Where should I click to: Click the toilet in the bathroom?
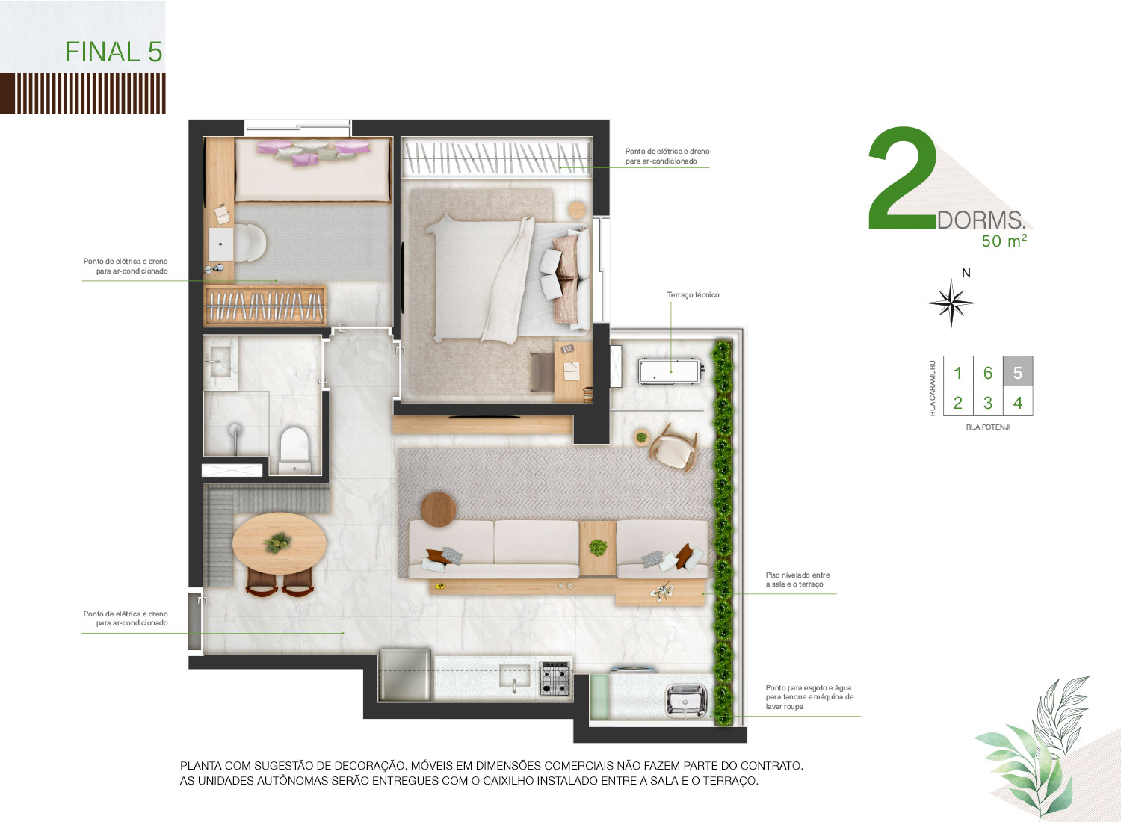[x=294, y=449]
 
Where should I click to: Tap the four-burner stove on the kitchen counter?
[x=555, y=679]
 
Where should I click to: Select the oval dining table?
[x=280, y=543]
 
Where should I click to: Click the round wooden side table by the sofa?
[x=439, y=510]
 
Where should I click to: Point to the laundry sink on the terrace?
[x=686, y=700]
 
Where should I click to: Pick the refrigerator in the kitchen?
[x=405, y=674]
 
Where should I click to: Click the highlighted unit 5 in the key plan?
[x=1017, y=371]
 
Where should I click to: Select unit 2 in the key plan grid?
[x=958, y=402]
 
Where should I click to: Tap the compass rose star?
[x=951, y=303]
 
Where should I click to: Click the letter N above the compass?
[x=966, y=274]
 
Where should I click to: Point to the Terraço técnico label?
[x=693, y=294]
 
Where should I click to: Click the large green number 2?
[x=902, y=178]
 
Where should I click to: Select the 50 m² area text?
[x=1004, y=241]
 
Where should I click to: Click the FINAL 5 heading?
[x=114, y=52]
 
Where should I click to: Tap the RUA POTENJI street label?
[x=988, y=427]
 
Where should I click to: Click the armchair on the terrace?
[x=673, y=447]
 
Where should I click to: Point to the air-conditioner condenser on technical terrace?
[x=669, y=371]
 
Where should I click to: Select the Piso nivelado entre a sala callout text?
[x=797, y=579]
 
